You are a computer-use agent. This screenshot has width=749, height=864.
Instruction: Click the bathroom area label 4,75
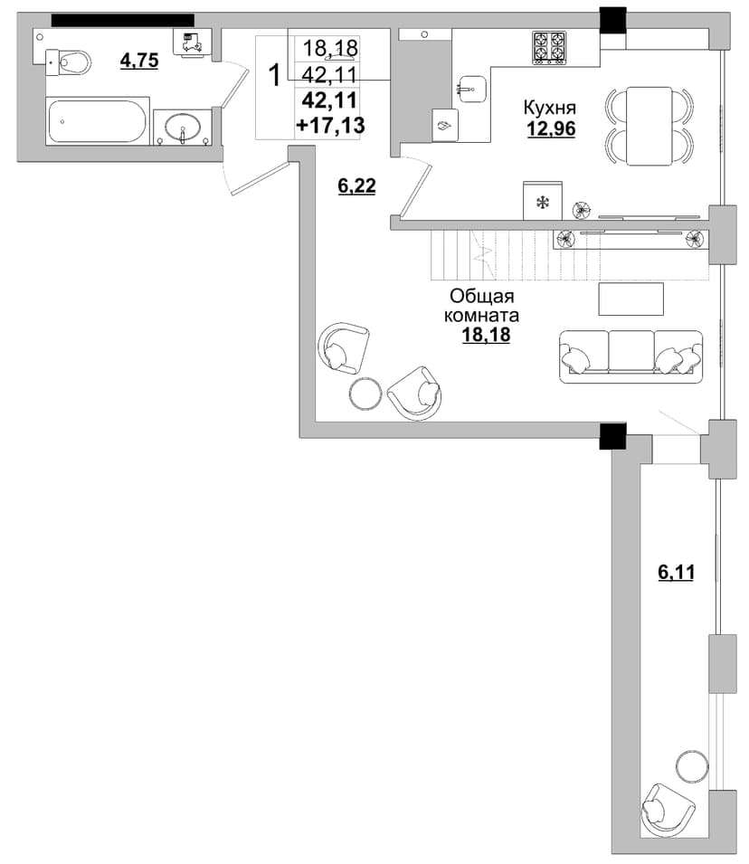tap(139, 60)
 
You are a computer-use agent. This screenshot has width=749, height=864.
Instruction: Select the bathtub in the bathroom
tap(98, 120)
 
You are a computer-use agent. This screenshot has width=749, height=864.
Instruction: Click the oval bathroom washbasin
tap(183, 126)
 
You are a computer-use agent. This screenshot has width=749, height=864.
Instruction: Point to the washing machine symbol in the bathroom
tap(191, 43)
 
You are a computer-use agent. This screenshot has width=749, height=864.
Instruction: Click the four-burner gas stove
tap(550, 49)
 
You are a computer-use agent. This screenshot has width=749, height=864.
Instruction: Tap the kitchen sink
tap(471, 89)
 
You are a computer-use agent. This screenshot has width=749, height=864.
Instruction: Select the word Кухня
tap(549, 107)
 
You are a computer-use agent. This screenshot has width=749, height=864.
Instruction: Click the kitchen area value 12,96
tap(552, 129)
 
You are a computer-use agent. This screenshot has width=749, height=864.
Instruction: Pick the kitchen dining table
tap(649, 126)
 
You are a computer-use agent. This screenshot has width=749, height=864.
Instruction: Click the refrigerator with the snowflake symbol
tap(543, 201)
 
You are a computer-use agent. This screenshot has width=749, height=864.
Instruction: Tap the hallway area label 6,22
tap(356, 186)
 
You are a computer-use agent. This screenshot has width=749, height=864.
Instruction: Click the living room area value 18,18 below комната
tap(486, 335)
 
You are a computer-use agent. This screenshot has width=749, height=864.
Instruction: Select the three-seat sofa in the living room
tap(631, 356)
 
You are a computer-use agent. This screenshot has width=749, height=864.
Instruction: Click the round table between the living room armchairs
tap(365, 394)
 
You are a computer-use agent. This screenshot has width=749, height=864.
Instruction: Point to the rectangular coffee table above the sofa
tap(631, 299)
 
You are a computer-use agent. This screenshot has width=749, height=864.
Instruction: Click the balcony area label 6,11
tap(677, 573)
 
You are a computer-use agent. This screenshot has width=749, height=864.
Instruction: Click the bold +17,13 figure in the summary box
tap(330, 126)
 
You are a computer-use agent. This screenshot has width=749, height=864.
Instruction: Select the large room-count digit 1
tap(274, 75)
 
